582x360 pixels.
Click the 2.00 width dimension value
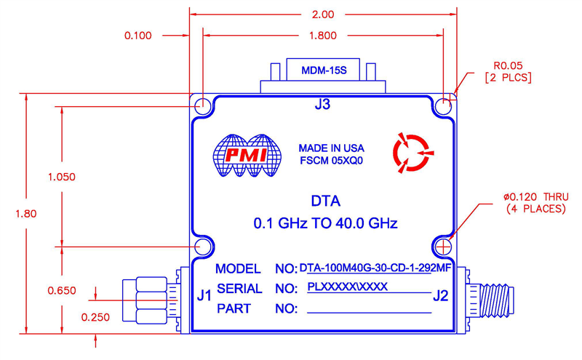coord(322,15)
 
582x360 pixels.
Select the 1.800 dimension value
coord(323,34)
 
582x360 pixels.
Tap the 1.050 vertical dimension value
coord(63,177)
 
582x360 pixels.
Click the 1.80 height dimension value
coord(25,213)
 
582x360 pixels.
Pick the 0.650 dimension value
coord(63,290)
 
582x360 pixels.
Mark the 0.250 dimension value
coord(96,317)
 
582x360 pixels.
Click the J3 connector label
coord(322,105)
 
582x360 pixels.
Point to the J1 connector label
coord(204,295)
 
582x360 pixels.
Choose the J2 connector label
coord(440,295)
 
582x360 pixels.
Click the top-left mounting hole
coord(203,105)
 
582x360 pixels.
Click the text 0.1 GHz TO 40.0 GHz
coord(325,223)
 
